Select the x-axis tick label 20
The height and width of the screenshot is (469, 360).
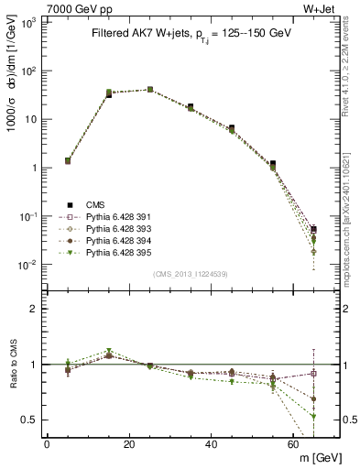click(129, 444)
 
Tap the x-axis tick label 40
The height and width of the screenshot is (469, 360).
click(212, 444)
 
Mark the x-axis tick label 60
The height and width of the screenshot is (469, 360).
click(294, 444)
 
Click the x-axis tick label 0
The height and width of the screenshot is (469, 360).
click(47, 444)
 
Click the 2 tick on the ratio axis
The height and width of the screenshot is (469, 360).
click(35, 309)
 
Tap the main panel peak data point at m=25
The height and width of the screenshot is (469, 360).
click(149, 89)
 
